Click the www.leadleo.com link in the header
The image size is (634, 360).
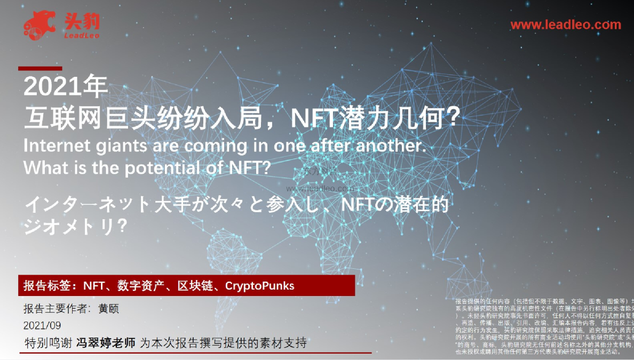(566, 25)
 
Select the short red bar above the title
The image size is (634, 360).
(40, 68)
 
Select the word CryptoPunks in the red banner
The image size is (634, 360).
(259, 285)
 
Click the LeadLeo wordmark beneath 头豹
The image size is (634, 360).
(81, 35)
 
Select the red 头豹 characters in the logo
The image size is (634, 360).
(81, 20)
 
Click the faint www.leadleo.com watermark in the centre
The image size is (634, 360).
(320, 188)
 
